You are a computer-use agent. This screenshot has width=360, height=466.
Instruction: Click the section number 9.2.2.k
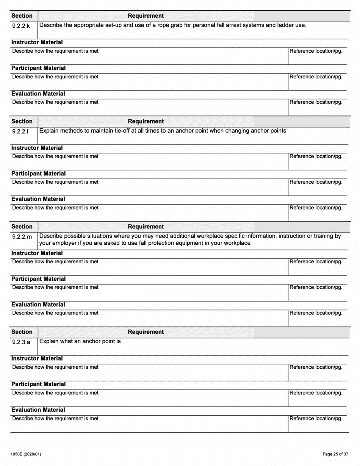click(21, 27)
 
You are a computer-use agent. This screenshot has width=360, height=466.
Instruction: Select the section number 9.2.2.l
click(20, 132)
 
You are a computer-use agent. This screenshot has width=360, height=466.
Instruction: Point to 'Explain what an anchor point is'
click(80, 341)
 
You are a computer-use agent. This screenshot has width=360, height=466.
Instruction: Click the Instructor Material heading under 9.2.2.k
click(37, 42)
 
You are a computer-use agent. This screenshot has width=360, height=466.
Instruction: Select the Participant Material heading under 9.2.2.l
click(38, 174)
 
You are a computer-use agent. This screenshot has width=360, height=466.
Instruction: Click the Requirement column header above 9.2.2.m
click(146, 227)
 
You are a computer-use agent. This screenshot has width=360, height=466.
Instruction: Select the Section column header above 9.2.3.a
click(22, 332)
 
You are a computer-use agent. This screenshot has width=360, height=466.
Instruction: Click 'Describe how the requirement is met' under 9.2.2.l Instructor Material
click(55, 156)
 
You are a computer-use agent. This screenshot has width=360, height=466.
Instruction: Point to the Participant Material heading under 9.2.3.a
click(38, 384)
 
